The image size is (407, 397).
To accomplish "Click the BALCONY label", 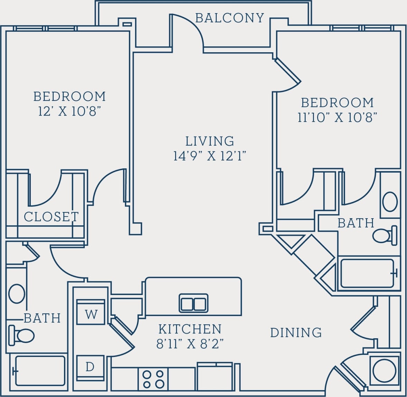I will click(x=230, y=18).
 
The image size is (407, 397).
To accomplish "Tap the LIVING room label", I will click(x=210, y=141).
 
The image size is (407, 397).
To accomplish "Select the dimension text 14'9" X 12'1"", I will click(x=210, y=156).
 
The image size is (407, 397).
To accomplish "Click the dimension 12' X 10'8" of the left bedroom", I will click(x=70, y=111).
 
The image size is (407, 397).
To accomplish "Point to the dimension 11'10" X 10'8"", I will click(x=337, y=118).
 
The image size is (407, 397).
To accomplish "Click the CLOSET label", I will click(x=51, y=217).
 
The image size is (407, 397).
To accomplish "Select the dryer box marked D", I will click(x=90, y=367).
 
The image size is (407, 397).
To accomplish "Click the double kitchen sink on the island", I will click(x=194, y=303).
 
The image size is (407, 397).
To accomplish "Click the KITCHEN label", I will click(x=190, y=329).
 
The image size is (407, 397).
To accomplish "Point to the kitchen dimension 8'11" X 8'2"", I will click(x=190, y=344).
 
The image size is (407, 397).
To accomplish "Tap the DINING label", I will click(x=296, y=333).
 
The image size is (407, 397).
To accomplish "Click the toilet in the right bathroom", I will click(x=385, y=236).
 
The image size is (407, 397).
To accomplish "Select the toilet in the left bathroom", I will click(x=21, y=335).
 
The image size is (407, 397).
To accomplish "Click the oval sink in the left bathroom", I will click(x=17, y=293).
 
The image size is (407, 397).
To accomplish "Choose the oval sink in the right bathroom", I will click(x=390, y=202).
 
